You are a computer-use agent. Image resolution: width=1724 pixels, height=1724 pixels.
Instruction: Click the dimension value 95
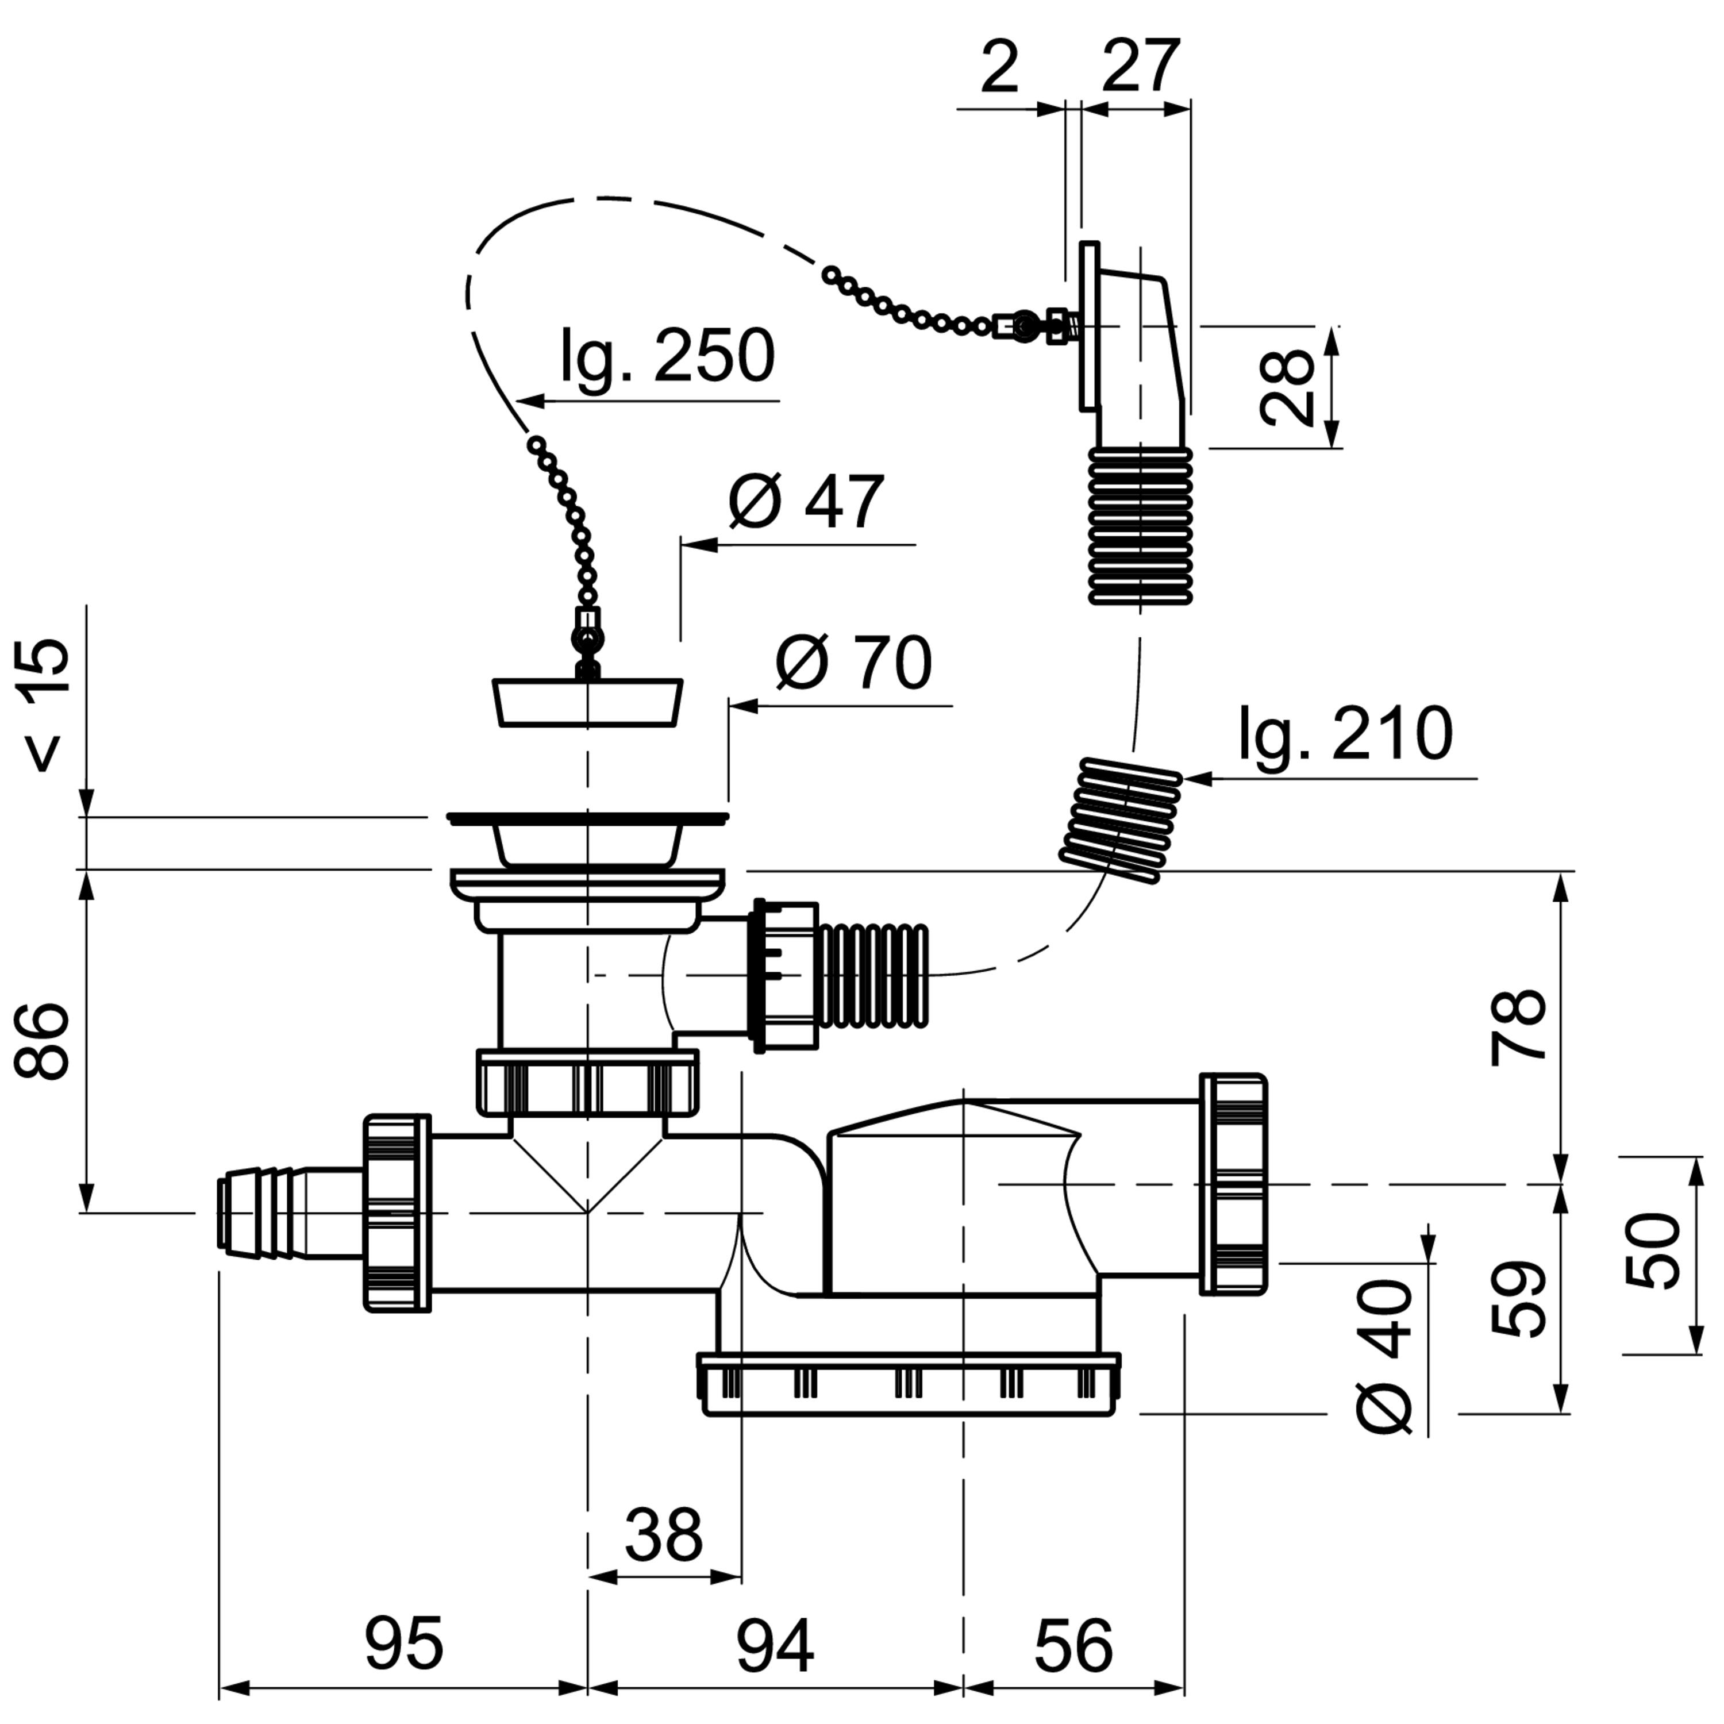click(x=404, y=1644)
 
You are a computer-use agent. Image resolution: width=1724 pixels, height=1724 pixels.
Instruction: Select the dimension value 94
click(x=775, y=1644)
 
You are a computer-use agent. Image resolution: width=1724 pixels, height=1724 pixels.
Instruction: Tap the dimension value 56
click(x=1073, y=1644)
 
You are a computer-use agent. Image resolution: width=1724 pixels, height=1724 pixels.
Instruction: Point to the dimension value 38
click(x=664, y=1534)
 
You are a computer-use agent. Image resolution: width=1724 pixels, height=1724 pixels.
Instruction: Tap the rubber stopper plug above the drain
click(x=588, y=702)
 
